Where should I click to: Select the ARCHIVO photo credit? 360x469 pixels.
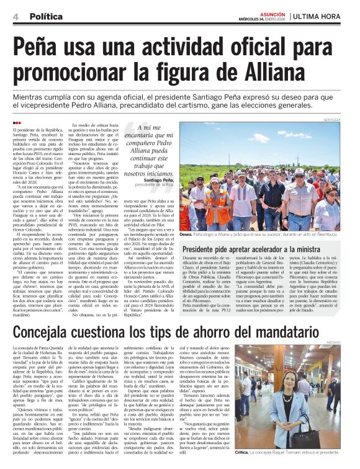349,342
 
